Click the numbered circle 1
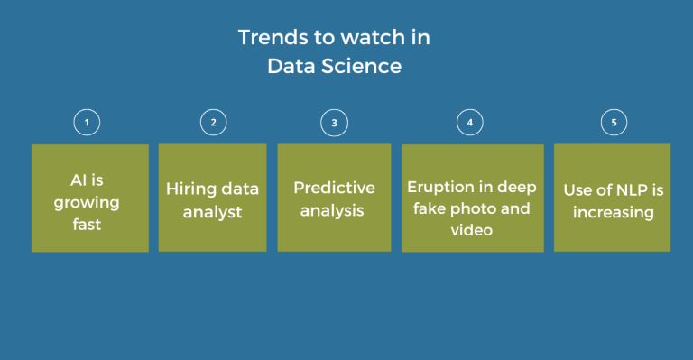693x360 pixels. (x=86, y=122)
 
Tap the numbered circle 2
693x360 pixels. (x=213, y=122)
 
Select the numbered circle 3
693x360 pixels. (x=334, y=122)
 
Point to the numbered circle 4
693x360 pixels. (x=470, y=122)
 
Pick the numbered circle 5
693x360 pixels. (x=613, y=122)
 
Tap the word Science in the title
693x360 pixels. (x=366, y=66)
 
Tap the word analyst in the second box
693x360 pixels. (x=213, y=212)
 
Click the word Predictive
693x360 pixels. (x=334, y=189)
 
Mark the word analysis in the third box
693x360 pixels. (x=334, y=211)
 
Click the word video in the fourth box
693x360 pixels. (x=470, y=231)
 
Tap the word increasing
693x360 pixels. (x=612, y=213)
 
